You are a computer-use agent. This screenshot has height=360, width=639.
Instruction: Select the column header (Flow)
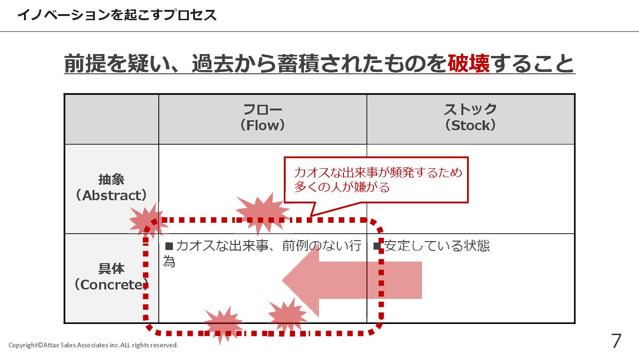[x=263, y=125]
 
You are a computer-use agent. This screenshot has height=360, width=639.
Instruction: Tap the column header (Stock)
[x=471, y=125]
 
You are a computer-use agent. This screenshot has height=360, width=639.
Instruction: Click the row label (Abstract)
[x=111, y=196]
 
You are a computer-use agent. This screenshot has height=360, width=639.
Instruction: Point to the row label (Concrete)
[x=111, y=285]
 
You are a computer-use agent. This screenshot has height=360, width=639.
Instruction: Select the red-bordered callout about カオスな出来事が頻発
[x=376, y=180]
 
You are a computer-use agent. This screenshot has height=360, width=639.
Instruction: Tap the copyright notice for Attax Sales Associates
[x=94, y=345]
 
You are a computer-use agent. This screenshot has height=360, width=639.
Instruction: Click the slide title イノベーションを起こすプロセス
[x=117, y=15]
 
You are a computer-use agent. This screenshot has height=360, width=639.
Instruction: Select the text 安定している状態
[x=437, y=246]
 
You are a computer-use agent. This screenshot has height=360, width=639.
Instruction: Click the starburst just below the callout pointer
[x=262, y=212]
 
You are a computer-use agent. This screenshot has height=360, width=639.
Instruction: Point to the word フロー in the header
[x=263, y=110]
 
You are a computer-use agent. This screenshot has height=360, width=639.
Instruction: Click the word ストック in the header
[x=471, y=110]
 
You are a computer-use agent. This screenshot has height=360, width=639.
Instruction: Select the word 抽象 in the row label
[x=111, y=180]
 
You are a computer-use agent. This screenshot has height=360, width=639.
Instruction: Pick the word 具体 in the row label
[x=111, y=269]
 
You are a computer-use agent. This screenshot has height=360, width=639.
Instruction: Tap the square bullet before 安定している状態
[x=377, y=246]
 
